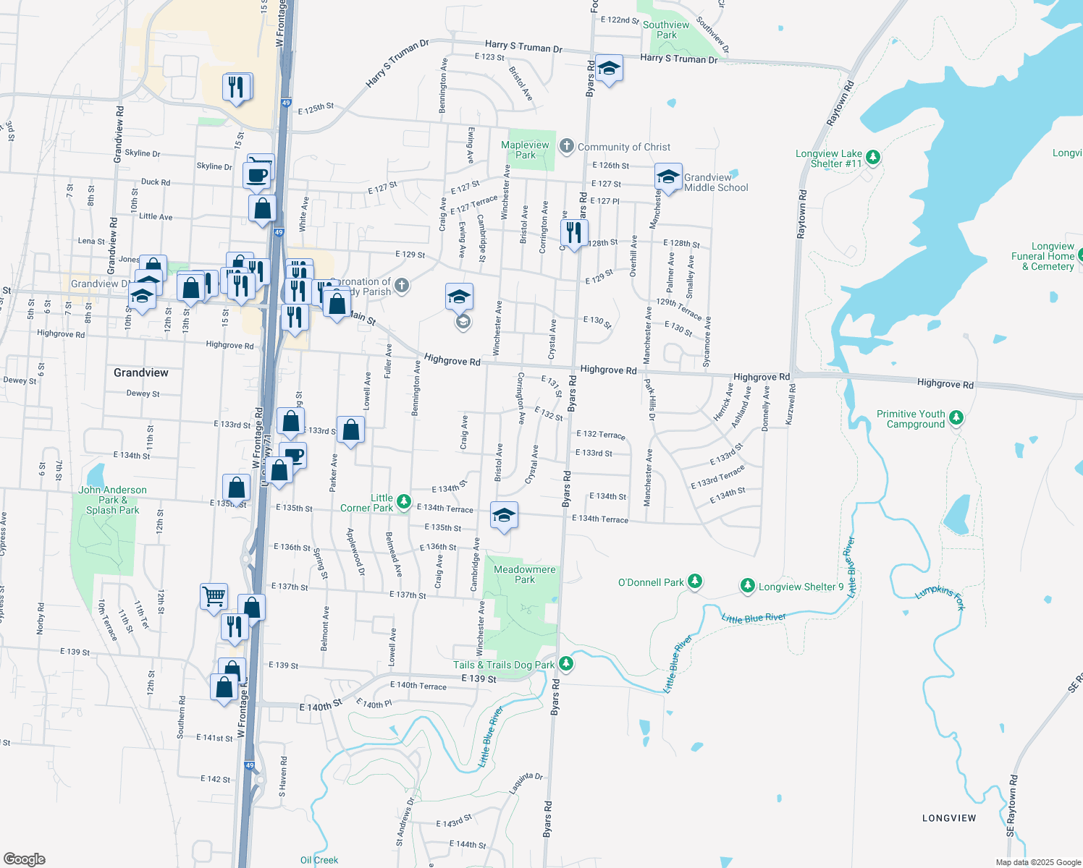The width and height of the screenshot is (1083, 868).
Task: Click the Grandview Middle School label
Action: pyautogui.click(x=716, y=182)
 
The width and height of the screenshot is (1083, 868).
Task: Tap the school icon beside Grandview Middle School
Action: pyautogui.click(x=667, y=176)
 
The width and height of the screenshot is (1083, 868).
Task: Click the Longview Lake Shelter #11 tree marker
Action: pyautogui.click(x=873, y=157)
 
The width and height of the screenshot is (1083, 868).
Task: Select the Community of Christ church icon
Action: pyautogui.click(x=566, y=146)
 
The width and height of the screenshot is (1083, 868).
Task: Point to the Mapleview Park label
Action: pyautogui.click(x=526, y=150)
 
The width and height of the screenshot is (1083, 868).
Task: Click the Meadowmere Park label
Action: pyautogui.click(x=525, y=574)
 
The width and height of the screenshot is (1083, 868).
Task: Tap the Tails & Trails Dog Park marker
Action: pyautogui.click(x=566, y=663)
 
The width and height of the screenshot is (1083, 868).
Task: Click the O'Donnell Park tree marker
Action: pyautogui.click(x=695, y=581)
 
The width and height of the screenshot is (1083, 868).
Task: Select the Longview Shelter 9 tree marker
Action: pyautogui.click(x=748, y=585)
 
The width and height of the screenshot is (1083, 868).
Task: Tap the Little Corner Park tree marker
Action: pyautogui.click(x=404, y=501)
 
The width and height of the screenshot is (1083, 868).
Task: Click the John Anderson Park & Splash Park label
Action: pyautogui.click(x=112, y=500)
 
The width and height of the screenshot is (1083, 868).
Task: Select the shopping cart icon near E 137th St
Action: pyautogui.click(x=214, y=597)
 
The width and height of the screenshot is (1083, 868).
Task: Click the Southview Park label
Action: pyautogui.click(x=666, y=30)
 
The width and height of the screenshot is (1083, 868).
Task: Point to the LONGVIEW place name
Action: pyautogui.click(x=949, y=818)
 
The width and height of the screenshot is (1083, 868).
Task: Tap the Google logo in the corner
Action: pyautogui.click(x=25, y=859)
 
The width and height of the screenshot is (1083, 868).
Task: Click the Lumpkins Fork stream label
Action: pyautogui.click(x=940, y=597)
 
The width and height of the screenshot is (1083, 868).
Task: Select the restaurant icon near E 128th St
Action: pyautogui.click(x=573, y=233)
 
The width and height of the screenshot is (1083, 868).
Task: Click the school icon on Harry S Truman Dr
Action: pyautogui.click(x=609, y=68)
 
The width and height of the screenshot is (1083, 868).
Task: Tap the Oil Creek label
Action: pyautogui.click(x=319, y=860)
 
